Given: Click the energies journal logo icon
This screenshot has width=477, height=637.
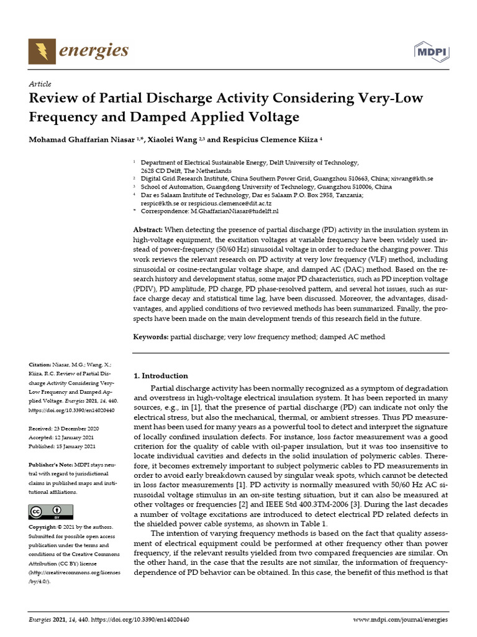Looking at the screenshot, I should (42, 50).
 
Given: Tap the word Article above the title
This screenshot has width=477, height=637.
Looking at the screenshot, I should (40, 83).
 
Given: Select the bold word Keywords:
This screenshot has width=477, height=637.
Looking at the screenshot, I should (152, 337).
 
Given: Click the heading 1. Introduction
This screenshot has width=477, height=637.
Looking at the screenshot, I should (161, 376).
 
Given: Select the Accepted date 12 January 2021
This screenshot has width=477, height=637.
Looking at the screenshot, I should (72, 438).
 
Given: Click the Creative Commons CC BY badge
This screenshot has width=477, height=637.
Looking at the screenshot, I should (47, 512).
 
